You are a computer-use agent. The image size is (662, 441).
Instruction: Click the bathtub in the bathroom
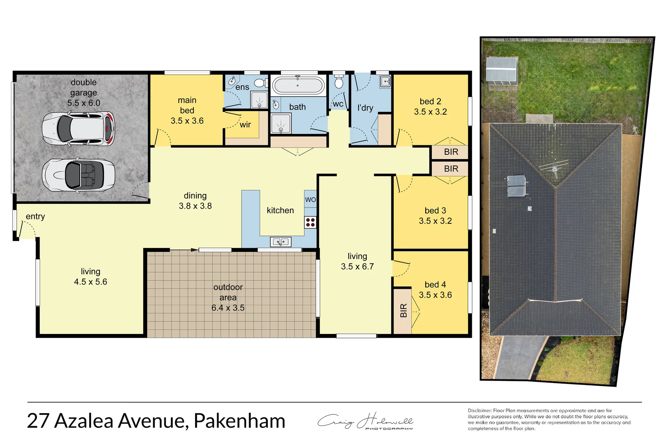298,86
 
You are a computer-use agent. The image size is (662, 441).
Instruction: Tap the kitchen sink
281,242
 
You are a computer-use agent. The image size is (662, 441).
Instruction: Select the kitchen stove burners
310,223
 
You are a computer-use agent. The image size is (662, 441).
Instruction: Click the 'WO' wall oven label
310,200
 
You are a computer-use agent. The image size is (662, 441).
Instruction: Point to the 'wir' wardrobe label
245,125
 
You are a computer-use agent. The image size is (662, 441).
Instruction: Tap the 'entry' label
35,217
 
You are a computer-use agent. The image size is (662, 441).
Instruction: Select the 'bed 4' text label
435,285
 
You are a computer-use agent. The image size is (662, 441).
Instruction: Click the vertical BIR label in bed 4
404,311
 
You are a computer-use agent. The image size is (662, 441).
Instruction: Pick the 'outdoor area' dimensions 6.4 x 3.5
228,308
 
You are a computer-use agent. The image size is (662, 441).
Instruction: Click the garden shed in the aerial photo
502,71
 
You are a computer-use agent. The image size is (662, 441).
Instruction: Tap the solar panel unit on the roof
516,186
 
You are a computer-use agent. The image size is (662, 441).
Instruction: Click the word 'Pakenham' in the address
239,421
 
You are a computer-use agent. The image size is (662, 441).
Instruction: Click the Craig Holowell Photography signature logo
365,422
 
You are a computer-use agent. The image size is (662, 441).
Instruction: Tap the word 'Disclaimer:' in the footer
480,411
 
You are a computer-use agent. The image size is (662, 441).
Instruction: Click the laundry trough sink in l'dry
385,82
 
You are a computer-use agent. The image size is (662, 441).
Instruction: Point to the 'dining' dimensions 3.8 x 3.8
195,206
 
